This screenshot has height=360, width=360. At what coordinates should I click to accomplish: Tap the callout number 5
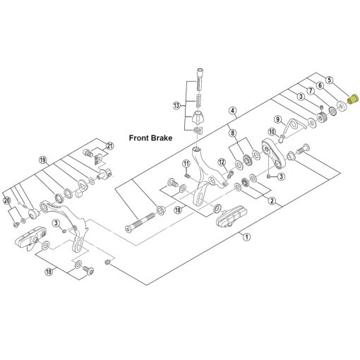[x=330, y=80]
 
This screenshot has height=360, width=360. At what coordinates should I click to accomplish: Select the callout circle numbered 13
[x=176, y=105]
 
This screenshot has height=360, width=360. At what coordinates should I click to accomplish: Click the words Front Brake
[x=150, y=138]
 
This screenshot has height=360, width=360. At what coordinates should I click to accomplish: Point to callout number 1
[x=246, y=236]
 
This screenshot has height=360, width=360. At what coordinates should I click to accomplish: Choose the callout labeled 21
[x=110, y=146]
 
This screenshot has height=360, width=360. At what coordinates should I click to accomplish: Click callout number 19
[x=42, y=160]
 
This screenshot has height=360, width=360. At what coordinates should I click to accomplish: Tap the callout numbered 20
[x=7, y=200]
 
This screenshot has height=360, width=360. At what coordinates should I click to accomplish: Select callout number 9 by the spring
[x=278, y=119]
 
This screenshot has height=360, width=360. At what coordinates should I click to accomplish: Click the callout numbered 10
[x=272, y=132]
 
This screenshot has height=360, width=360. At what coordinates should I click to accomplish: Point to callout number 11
[x=186, y=163]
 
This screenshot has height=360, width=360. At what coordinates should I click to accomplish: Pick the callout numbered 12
[x=222, y=162]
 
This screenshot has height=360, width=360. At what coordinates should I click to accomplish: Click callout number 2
[x=272, y=200]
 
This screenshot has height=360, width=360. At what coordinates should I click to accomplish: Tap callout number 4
[x=233, y=110]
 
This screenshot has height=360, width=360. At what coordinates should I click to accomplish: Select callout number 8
[x=233, y=133]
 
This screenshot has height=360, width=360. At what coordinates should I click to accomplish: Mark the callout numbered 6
[x=320, y=85]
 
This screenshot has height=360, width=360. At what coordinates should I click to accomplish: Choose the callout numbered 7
[x=311, y=90]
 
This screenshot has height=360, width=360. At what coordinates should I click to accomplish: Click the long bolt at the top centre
[x=199, y=79]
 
